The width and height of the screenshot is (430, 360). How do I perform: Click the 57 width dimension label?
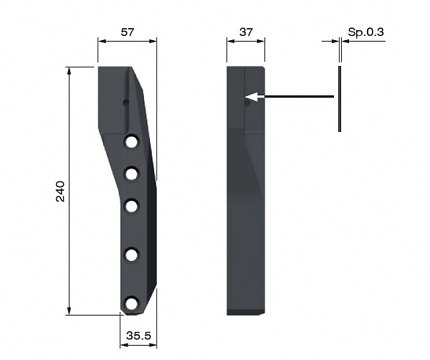(x=128, y=32)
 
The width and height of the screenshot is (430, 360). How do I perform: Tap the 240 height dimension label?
(x=60, y=191)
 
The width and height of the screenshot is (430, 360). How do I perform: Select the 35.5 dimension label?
(x=138, y=336)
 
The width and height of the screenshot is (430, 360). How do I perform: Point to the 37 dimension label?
(x=246, y=32)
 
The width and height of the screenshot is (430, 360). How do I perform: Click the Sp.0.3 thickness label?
(x=365, y=32)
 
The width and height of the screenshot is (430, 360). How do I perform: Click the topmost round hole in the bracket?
(x=132, y=142)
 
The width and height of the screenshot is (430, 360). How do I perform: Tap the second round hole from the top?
(x=132, y=174)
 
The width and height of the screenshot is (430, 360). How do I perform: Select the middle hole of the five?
(x=132, y=206)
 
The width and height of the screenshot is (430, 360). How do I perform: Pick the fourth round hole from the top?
(x=132, y=255)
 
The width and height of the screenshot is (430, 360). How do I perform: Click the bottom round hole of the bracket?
(x=132, y=303)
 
